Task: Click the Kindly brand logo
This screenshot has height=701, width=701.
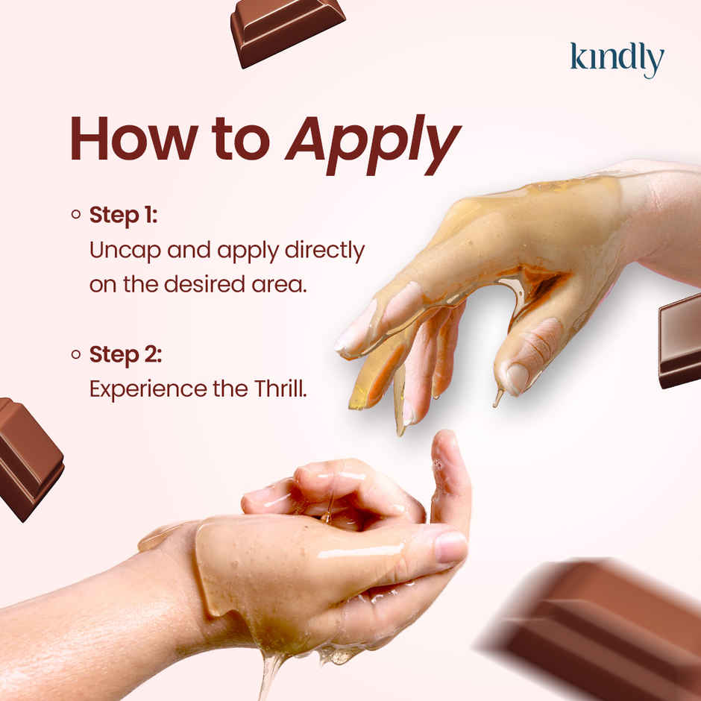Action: [616, 60]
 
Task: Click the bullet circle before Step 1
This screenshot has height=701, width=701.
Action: [75, 216]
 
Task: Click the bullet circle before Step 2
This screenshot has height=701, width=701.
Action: [75, 355]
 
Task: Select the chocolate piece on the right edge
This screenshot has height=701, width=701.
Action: [680, 339]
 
